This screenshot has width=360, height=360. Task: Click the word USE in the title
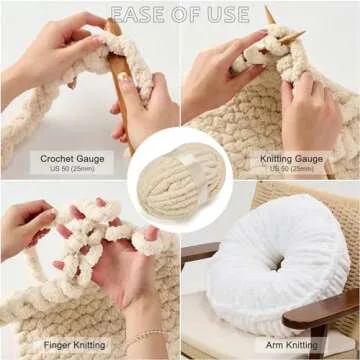coord(230,14)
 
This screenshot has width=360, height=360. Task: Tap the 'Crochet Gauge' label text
coord(70,158)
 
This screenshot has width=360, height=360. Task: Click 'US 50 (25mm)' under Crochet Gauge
coord(70,169)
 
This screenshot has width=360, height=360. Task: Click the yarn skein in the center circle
coord(180,180)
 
